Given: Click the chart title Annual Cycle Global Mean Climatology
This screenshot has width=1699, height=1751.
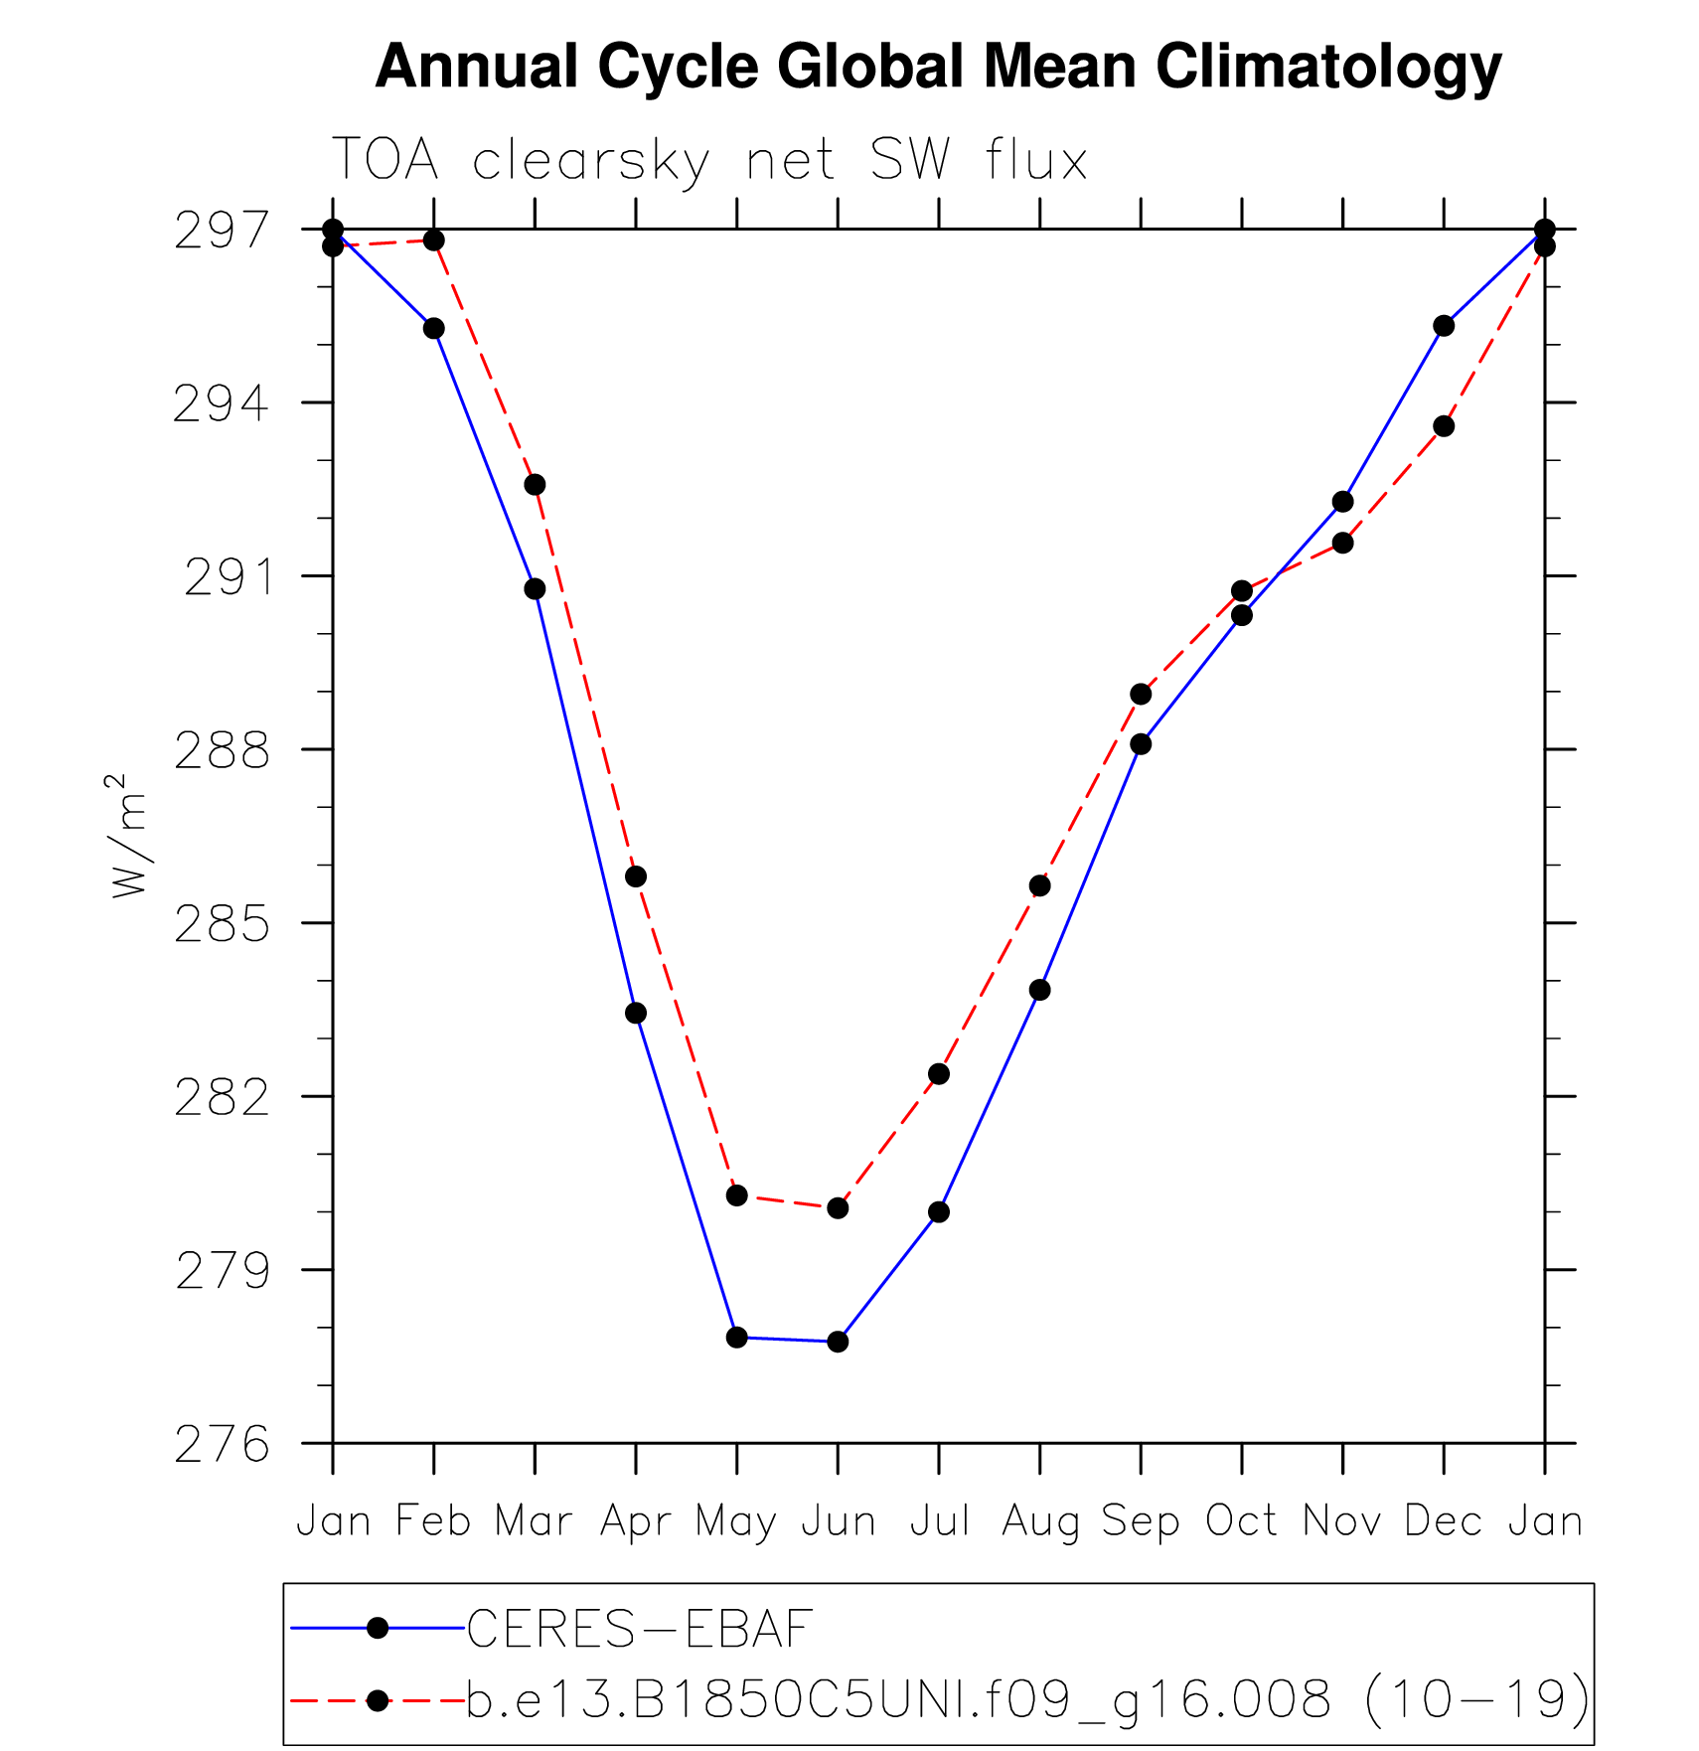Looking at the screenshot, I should click(x=938, y=68).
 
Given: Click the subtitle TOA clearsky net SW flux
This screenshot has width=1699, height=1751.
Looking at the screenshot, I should click(x=709, y=159).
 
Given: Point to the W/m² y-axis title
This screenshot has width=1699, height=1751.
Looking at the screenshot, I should click(x=129, y=837).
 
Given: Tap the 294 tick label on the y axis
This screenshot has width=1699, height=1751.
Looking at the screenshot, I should click(x=221, y=404).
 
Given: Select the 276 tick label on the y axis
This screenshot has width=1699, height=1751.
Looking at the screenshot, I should click(x=222, y=1445).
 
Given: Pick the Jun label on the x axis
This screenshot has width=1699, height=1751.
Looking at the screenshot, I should click(x=839, y=1521).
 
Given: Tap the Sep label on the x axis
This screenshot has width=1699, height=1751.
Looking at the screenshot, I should click(x=1140, y=1521).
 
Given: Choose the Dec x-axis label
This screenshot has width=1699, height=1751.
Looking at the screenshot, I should click(x=1443, y=1521).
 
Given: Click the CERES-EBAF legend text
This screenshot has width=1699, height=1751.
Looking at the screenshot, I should click(x=640, y=1629).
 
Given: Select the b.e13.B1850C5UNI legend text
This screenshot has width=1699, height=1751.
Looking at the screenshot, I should click(x=1027, y=1700).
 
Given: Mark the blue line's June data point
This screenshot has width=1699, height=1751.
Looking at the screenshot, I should click(x=838, y=1342).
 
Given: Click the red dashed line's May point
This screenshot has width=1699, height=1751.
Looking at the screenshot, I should click(x=736, y=1195).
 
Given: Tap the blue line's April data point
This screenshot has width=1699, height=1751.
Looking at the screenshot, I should click(x=636, y=1014).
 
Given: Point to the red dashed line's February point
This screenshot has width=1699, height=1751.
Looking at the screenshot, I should click(x=434, y=240).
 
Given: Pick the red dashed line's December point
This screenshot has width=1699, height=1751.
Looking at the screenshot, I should click(x=1444, y=426).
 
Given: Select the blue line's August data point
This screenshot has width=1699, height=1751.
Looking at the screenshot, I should click(x=1039, y=990).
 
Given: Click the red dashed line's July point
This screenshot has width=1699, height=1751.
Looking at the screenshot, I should click(x=939, y=1074).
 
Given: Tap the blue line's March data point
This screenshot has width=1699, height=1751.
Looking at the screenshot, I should click(x=535, y=589).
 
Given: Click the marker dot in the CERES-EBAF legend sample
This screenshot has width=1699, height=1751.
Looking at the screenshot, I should click(x=378, y=1628).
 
